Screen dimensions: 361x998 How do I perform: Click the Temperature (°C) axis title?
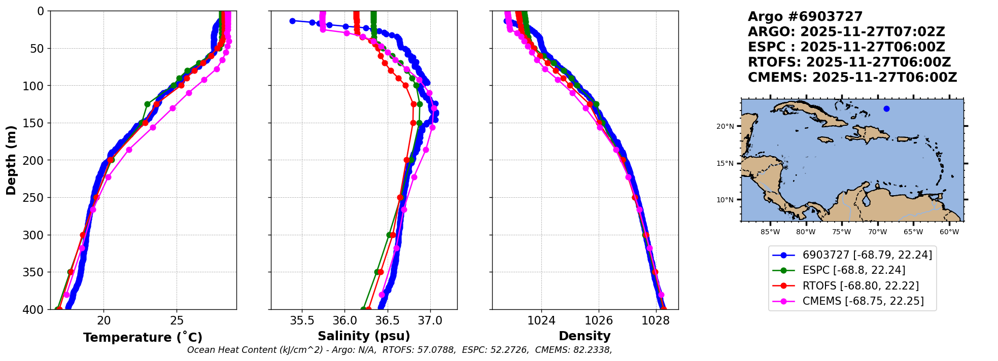click(143, 337)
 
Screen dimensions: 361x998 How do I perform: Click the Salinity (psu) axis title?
click(364, 336)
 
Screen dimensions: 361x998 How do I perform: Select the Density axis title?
click(584, 336)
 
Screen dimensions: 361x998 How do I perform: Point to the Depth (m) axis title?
click(11, 160)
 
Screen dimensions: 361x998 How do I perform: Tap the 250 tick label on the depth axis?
click(35, 198)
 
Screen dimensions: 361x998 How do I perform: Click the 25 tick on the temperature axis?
click(177, 321)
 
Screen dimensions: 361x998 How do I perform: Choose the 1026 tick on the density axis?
click(599, 321)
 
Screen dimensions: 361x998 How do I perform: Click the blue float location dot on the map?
click(886, 109)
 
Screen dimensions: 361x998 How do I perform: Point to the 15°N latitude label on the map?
click(725, 163)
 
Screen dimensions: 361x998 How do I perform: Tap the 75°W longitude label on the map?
click(841, 232)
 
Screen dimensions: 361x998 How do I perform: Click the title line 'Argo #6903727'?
click(805, 17)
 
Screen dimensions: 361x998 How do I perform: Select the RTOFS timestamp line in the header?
click(849, 62)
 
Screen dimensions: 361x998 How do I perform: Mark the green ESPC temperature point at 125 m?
click(147, 104)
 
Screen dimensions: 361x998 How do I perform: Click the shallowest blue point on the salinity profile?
click(292, 21)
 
